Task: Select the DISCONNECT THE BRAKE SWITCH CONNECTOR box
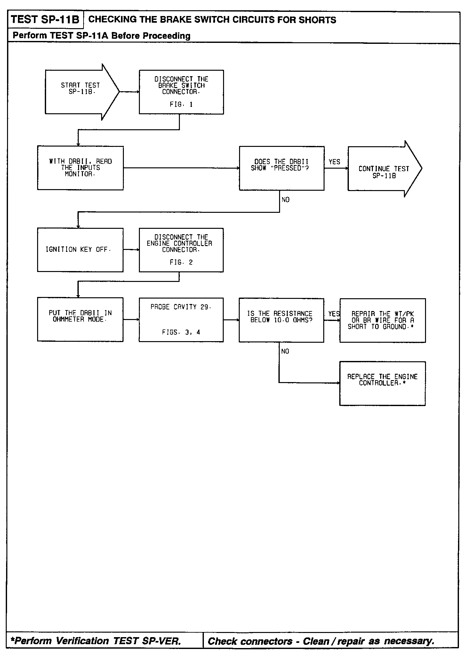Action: [181, 92]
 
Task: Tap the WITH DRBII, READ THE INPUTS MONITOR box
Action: [80, 168]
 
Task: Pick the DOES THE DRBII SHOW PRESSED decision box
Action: [281, 168]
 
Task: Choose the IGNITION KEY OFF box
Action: [80, 250]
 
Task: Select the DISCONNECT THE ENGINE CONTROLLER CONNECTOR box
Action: [181, 250]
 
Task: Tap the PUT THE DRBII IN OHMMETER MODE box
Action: [80, 319]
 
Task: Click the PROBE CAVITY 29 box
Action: [181, 320]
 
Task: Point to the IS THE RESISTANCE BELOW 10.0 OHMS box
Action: [281, 320]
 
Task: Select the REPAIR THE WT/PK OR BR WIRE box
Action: [382, 320]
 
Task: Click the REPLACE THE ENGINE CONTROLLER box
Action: [382, 383]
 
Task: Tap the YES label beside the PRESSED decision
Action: [334, 162]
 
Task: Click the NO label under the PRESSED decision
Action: [285, 200]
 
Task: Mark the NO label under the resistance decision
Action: [285, 351]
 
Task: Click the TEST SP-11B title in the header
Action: [45, 20]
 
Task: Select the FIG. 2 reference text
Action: [181, 262]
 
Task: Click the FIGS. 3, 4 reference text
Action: [181, 332]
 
